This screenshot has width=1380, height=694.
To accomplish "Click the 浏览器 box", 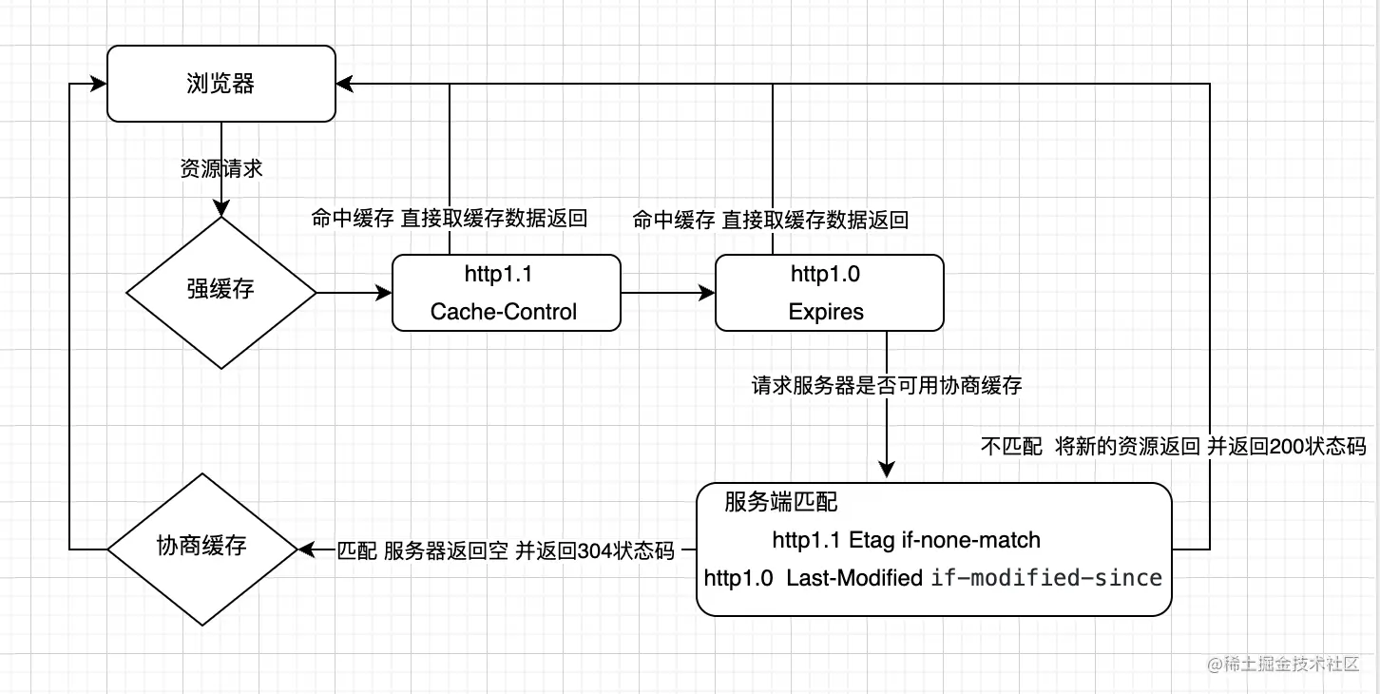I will (x=220, y=84).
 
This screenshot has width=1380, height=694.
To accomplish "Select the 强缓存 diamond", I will (x=220, y=292).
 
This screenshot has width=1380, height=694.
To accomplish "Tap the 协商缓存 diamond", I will (x=201, y=549).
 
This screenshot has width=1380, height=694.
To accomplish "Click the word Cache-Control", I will (x=504, y=312).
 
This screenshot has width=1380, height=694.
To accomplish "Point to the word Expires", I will (x=827, y=312).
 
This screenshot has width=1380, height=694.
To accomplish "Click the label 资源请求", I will (x=220, y=169).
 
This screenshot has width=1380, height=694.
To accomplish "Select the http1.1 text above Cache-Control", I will (x=498, y=275).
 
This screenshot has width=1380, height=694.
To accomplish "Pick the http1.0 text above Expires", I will (x=825, y=275).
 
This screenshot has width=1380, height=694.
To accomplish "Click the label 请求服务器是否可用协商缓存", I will (x=887, y=386).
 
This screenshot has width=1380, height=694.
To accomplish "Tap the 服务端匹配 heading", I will (x=781, y=502).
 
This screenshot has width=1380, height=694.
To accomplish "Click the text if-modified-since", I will (x=1046, y=577).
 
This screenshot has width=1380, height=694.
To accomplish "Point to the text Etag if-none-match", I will (x=945, y=540).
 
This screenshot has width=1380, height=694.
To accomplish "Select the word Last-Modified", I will (x=854, y=577).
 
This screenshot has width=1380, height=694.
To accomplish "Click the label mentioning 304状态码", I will (x=506, y=550).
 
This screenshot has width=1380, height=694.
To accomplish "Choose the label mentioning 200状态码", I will (x=1173, y=447).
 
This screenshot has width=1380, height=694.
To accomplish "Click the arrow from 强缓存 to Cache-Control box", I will (x=354, y=292).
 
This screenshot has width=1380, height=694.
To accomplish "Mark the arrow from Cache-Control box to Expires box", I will (x=667, y=292).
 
